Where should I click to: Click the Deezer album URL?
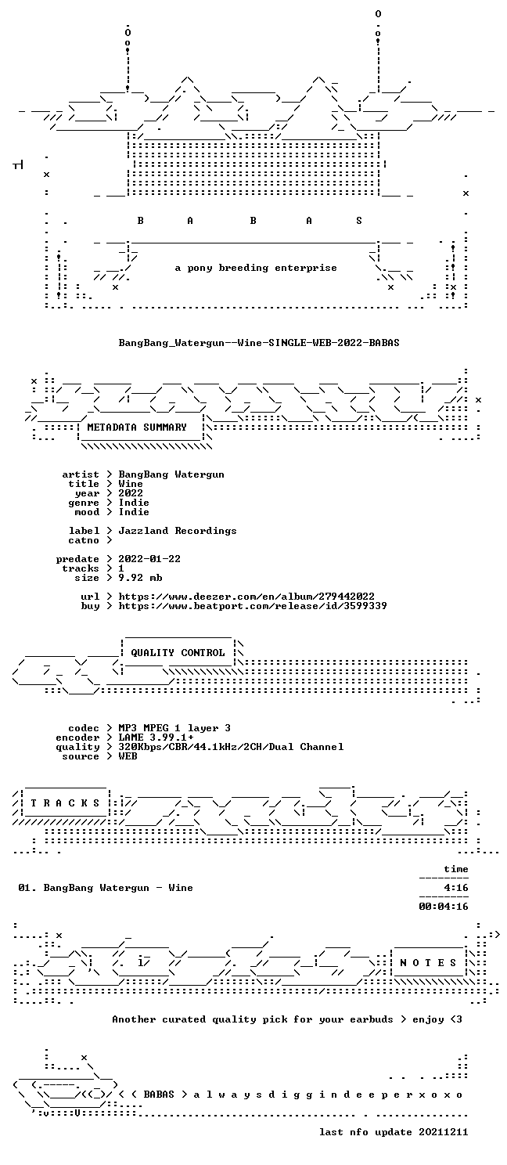point(246,597)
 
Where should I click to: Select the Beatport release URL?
point(253,606)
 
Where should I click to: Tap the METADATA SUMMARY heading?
point(137,427)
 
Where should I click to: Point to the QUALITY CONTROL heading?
point(178,653)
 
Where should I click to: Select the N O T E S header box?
point(428,963)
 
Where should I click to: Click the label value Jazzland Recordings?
point(178,531)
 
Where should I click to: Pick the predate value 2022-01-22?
point(149,559)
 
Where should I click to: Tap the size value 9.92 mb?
point(140,578)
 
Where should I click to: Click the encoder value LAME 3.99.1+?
point(156,738)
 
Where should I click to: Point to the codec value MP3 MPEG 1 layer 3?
point(174,728)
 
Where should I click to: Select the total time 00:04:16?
point(444,907)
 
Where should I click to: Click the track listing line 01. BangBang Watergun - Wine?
point(106,888)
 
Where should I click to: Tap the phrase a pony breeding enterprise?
point(256,269)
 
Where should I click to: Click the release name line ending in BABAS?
point(259,343)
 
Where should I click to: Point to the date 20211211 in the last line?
point(444,1132)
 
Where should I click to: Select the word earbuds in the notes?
point(372,1019)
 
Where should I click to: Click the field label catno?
point(84,540)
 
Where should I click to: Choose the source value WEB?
point(128,756)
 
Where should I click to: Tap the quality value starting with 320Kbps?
point(231,747)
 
